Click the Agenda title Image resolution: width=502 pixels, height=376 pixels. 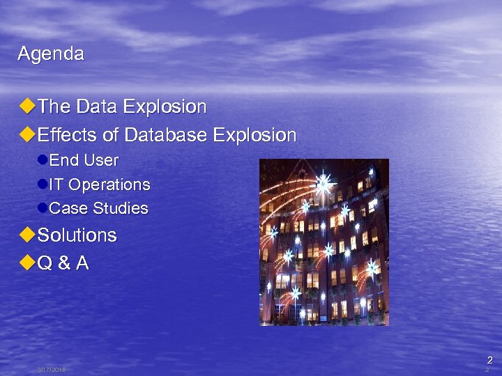[x=51, y=54]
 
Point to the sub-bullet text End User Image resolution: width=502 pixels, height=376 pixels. [x=84, y=160]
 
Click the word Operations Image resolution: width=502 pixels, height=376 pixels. [x=109, y=185]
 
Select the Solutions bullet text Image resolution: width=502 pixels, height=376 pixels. [x=77, y=235]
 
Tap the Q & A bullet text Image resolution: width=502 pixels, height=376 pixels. [x=63, y=264]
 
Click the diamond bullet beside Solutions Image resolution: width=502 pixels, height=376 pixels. [x=27, y=235]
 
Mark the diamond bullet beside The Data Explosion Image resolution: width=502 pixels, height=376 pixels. [x=27, y=107]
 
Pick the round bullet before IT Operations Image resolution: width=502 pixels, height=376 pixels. [x=43, y=185]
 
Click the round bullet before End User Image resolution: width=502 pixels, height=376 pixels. [x=43, y=160]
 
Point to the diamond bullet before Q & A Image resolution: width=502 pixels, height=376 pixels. [x=27, y=264]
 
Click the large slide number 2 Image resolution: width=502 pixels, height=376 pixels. [x=489, y=360]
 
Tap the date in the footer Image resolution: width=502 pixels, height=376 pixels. [x=52, y=370]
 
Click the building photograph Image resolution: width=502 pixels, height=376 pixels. [x=324, y=242]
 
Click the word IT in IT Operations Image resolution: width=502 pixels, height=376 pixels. [x=57, y=185]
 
